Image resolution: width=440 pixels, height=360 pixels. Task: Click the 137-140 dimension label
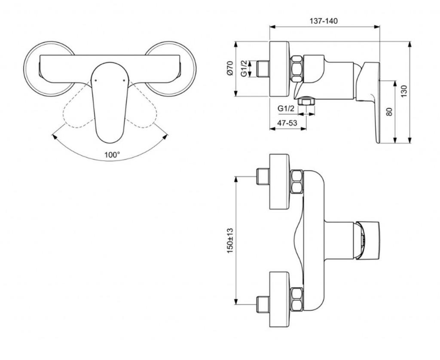[x=324, y=21]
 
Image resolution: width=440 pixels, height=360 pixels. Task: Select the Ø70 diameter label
[x=230, y=68]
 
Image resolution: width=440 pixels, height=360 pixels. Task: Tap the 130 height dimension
[x=403, y=92]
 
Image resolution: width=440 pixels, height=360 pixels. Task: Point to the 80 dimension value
[x=389, y=111]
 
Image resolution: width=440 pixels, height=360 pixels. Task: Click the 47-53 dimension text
[x=287, y=122]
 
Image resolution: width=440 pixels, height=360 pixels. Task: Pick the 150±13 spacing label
[x=230, y=241]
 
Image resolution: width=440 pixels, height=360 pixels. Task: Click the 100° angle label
[x=112, y=155]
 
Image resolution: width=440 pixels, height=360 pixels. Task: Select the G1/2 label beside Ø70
[x=244, y=69]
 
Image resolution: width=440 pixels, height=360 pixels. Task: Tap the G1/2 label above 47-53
[x=286, y=109]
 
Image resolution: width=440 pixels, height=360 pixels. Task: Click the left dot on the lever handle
[x=95, y=80]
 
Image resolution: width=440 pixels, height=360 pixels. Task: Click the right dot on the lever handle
[x=124, y=80]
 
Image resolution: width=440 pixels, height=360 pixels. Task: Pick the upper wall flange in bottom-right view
[x=279, y=182]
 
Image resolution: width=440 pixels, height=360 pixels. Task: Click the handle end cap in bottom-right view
[x=368, y=241]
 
